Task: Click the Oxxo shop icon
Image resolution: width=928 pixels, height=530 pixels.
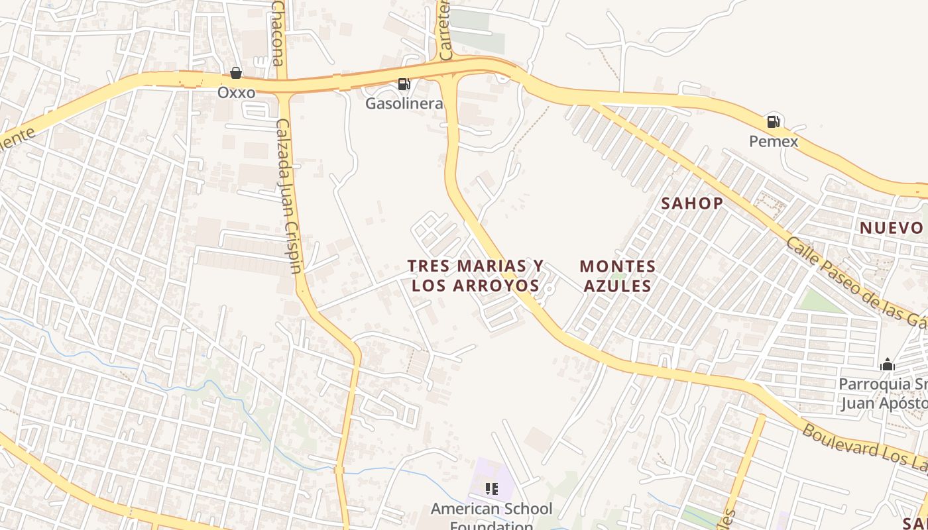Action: (236, 73)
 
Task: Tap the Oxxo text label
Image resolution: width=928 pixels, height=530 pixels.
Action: (236, 93)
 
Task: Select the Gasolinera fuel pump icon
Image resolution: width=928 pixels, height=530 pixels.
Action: (404, 84)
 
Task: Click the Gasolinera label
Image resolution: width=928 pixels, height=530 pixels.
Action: (404, 104)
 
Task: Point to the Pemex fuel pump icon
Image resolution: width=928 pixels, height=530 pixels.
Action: (773, 122)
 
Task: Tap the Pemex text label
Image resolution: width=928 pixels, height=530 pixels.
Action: (773, 141)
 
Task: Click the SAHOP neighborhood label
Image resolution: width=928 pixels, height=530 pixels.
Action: (691, 203)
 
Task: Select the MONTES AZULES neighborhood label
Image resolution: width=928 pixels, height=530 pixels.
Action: (617, 276)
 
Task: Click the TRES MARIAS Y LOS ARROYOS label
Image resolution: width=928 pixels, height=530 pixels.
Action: (475, 276)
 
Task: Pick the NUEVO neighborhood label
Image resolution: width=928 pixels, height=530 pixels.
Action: (891, 228)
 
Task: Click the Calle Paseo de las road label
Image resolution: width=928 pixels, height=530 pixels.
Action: (855, 282)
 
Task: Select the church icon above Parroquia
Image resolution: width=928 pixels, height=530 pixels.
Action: (888, 364)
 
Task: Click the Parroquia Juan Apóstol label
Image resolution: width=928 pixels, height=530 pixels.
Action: (883, 394)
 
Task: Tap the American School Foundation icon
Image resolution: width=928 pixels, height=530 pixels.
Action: (491, 489)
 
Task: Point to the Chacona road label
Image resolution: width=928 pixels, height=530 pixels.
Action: (279, 30)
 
